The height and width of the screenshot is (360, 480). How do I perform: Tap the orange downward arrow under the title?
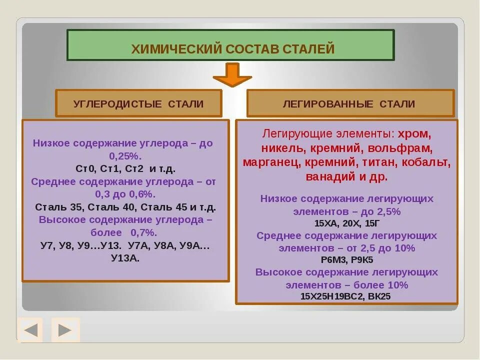[232, 74]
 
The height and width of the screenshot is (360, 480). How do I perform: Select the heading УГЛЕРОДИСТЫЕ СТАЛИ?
[138, 104]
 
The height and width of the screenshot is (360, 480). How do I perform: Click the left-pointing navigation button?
[30, 330]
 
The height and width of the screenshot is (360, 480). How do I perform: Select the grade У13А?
[125, 258]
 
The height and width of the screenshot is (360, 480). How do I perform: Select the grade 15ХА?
[326, 223]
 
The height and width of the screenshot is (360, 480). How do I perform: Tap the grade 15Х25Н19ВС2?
[331, 296]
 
